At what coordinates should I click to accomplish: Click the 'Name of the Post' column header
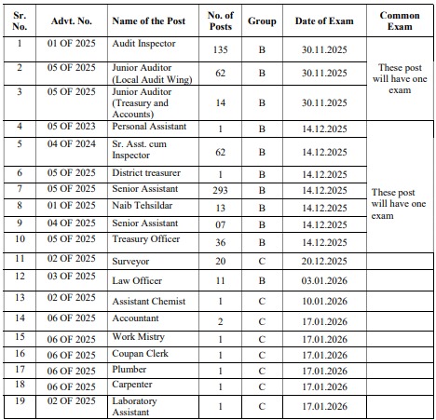click(x=149, y=20)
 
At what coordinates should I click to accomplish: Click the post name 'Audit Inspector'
click(x=143, y=44)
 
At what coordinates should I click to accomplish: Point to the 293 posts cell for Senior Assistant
click(x=221, y=191)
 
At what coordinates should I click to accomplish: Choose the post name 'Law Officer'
click(x=137, y=279)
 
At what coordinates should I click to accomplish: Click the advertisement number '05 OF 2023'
click(x=72, y=127)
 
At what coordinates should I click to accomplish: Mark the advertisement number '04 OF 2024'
click(x=72, y=143)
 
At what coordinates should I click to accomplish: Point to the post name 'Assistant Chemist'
click(x=149, y=302)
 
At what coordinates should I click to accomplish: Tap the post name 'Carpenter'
click(x=134, y=385)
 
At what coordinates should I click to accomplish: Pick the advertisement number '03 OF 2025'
click(x=72, y=276)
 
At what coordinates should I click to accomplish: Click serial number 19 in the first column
click(x=20, y=401)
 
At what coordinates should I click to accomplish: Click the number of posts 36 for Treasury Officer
click(x=221, y=241)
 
